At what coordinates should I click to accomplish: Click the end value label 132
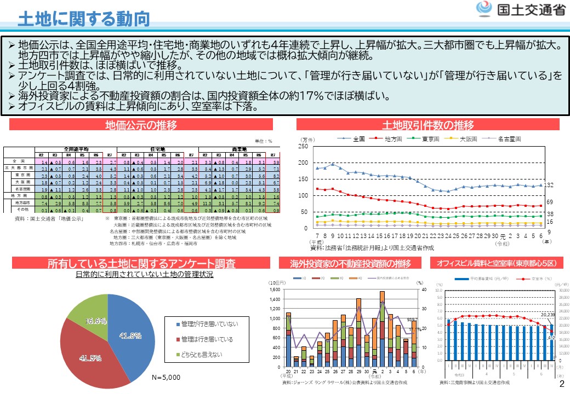(549, 185)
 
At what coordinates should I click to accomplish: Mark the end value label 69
(550, 202)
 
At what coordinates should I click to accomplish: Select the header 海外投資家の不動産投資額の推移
(350, 264)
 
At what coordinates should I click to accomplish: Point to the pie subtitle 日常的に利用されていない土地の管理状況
(144, 274)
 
